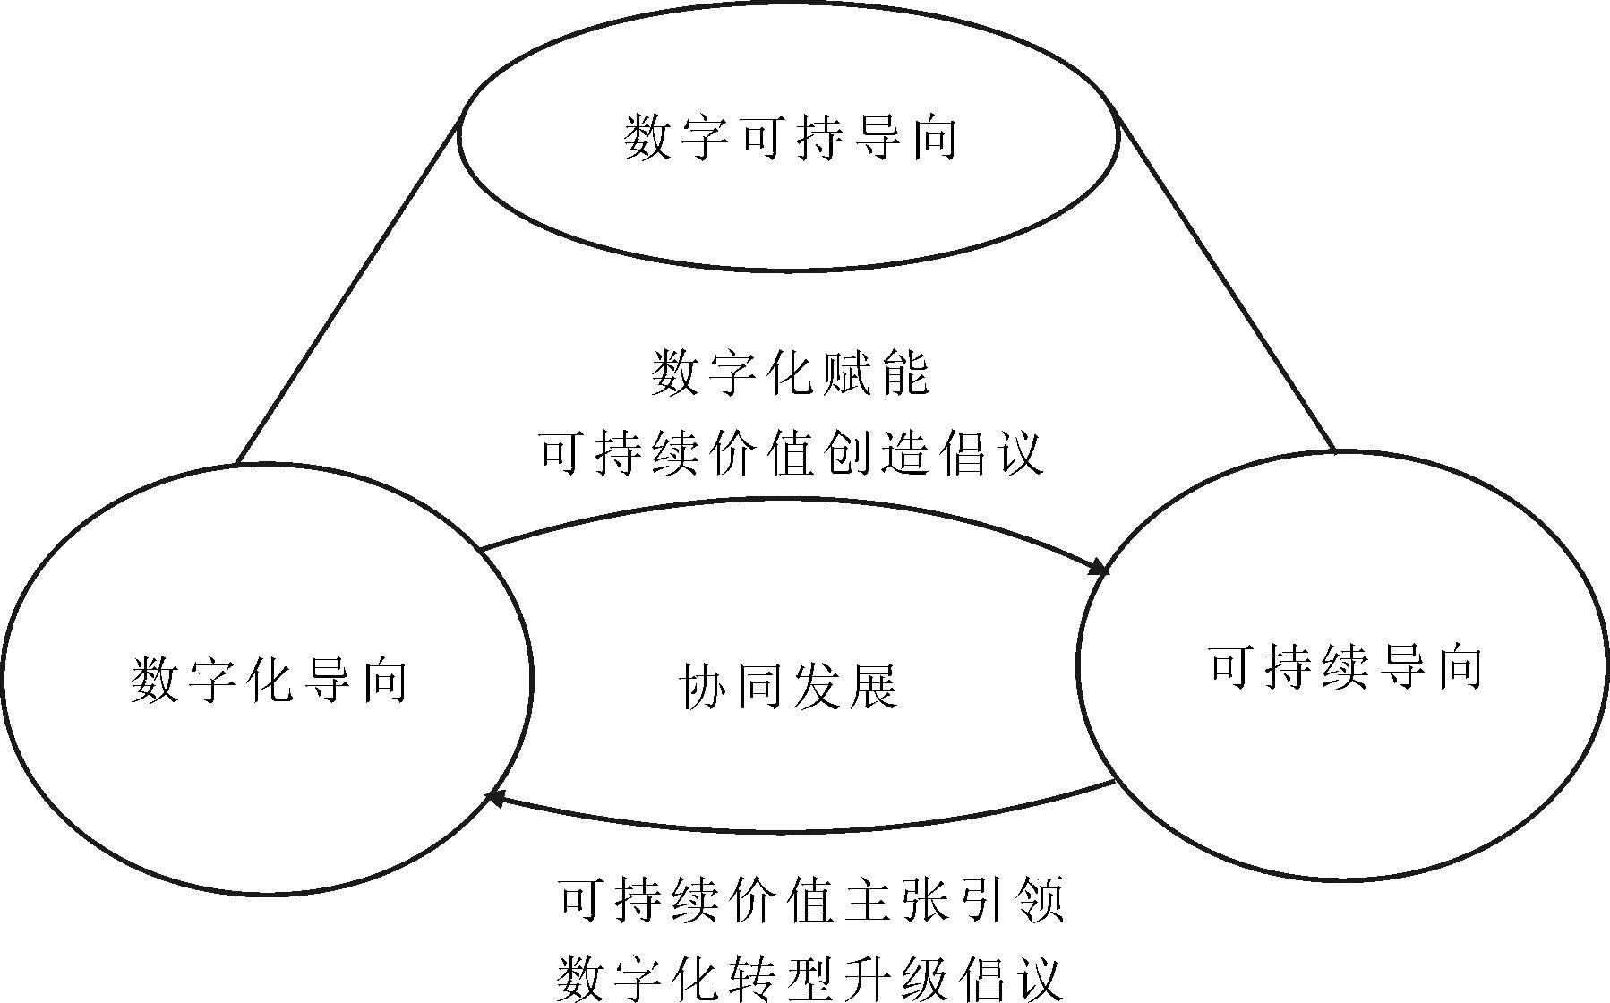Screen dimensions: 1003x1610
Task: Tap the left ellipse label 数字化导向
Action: pos(269,681)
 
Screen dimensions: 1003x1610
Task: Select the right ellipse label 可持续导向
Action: pos(1345,667)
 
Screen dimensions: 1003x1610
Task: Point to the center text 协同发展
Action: pos(788,687)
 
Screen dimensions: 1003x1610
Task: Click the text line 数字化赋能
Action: pos(790,373)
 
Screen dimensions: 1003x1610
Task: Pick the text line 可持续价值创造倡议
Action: pos(792,452)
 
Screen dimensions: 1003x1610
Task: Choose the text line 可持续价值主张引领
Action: pos(811,900)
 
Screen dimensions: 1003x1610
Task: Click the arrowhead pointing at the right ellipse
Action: pos(1100,566)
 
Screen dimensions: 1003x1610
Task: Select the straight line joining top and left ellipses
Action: pos(347,291)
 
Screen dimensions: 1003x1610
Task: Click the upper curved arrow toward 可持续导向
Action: pos(788,500)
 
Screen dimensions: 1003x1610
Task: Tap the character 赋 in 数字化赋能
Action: pos(846,373)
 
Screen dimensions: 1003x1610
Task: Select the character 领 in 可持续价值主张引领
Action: pos(1041,900)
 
